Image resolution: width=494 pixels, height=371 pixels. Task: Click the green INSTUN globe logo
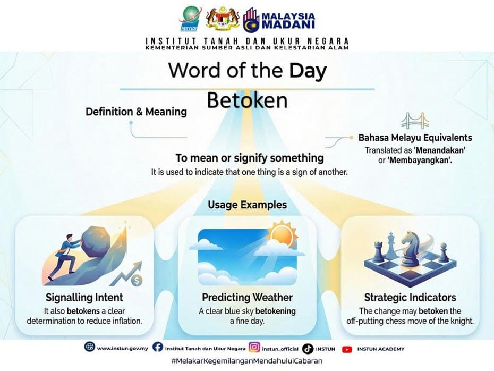(189, 20)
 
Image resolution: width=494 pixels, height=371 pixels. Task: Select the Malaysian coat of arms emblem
(221, 19)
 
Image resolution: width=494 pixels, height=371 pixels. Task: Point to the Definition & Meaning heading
(136, 112)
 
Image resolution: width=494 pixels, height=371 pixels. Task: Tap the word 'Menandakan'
(439, 150)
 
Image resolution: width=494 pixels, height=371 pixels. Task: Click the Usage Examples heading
(247, 205)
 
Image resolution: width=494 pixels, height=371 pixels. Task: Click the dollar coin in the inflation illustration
(137, 279)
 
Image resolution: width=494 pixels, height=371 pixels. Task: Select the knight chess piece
(409, 249)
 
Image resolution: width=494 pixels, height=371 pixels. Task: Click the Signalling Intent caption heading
(85, 297)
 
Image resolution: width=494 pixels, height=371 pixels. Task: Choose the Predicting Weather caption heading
(247, 298)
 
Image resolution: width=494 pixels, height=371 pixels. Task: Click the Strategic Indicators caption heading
(410, 298)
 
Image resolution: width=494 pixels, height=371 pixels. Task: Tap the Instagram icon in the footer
(254, 348)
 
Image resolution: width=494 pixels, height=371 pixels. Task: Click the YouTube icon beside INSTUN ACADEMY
(347, 349)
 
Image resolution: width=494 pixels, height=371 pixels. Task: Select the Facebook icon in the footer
(157, 348)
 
